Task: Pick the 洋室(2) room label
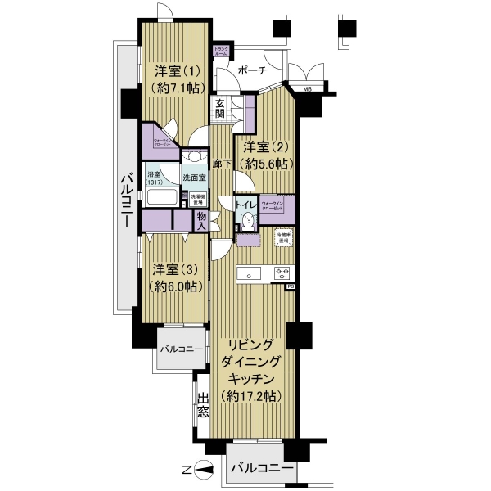(264, 147)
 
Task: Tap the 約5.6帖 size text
(264, 164)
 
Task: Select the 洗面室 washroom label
(194, 177)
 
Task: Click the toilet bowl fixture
(245, 221)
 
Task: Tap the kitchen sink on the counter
(249, 273)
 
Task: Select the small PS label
(289, 287)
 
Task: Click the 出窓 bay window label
(203, 408)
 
